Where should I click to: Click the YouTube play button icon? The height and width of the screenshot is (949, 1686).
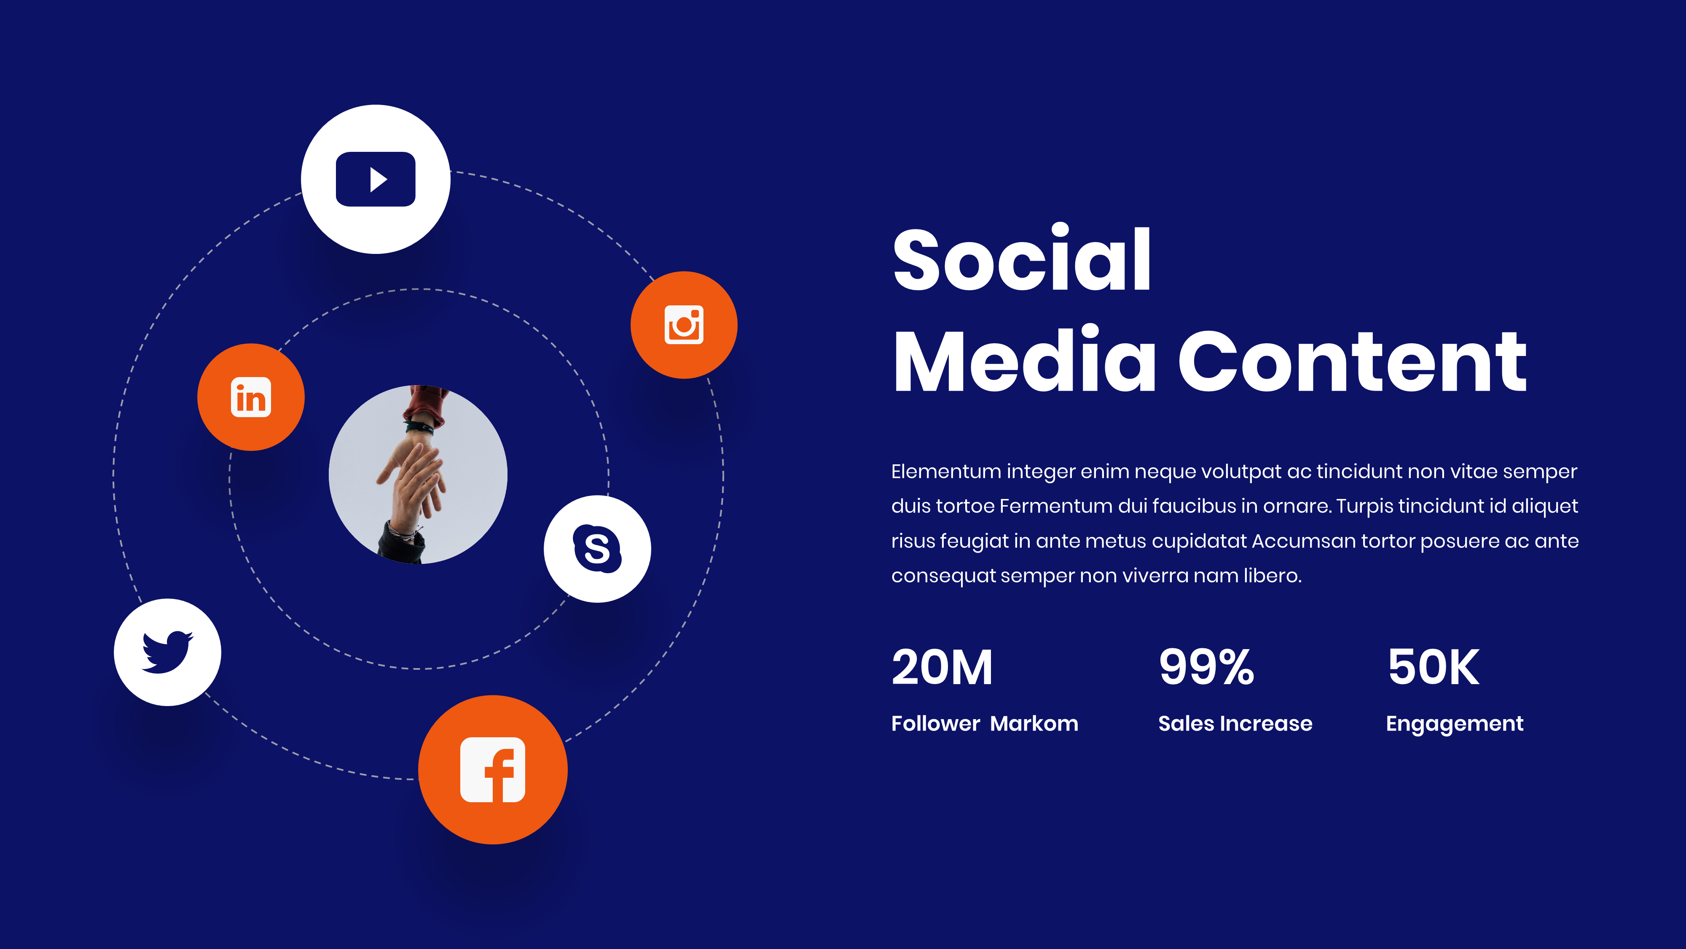[376, 179]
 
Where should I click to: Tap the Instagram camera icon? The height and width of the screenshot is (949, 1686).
[684, 325]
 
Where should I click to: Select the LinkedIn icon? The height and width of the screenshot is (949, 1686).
[251, 397]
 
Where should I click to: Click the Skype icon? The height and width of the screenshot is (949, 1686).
[597, 548]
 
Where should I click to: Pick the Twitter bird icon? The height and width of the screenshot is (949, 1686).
[168, 652]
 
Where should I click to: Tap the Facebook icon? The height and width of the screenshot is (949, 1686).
[493, 770]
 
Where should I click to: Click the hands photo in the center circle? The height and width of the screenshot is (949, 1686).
[418, 474]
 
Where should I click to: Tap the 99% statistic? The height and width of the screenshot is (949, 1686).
[1206, 667]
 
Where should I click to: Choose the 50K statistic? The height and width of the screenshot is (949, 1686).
[1434, 667]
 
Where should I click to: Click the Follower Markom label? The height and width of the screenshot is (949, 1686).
[984, 724]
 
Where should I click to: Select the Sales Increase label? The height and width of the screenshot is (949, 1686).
[1235, 724]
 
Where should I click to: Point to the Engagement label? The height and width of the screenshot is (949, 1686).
[1454, 724]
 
